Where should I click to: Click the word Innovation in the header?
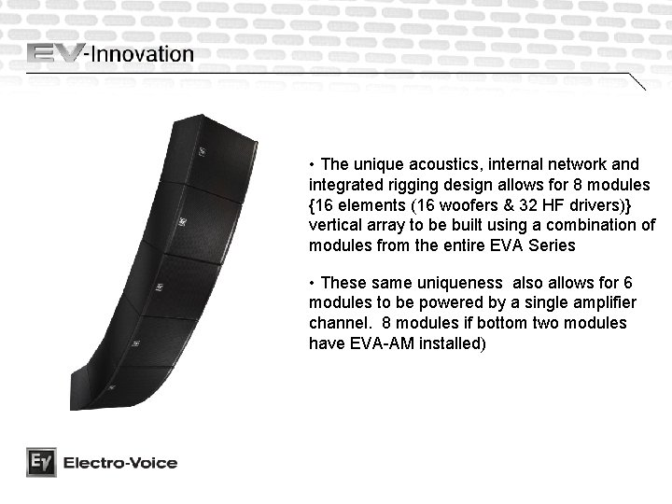click(x=141, y=54)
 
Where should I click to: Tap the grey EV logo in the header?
click(x=56, y=53)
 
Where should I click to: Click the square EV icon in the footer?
click(x=40, y=462)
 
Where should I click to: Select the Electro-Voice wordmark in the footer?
click(x=119, y=463)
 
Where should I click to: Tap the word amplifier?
click(x=603, y=302)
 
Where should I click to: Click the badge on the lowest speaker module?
click(x=111, y=386)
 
